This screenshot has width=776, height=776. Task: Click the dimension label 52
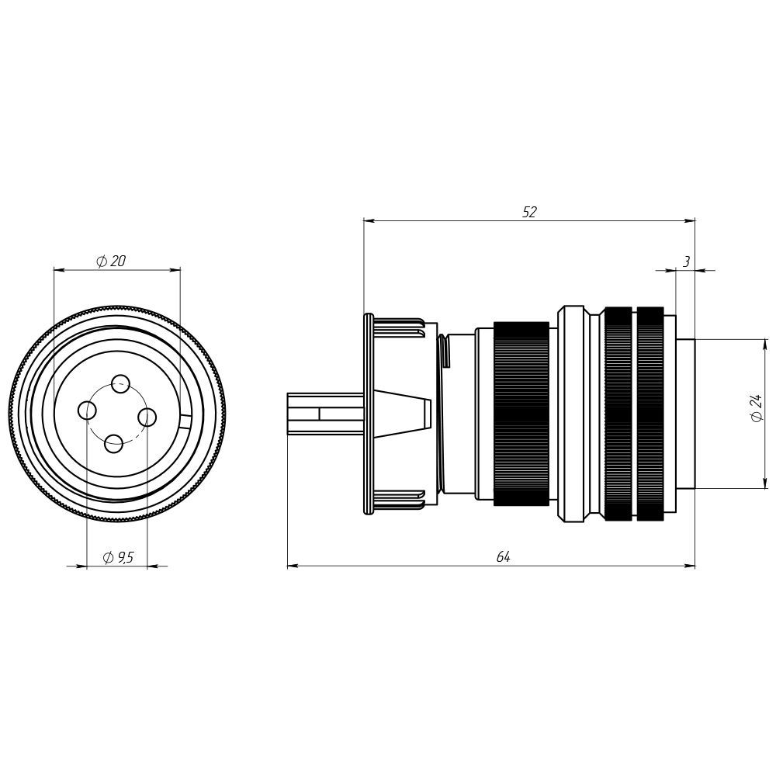click(x=529, y=212)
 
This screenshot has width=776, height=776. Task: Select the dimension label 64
click(x=503, y=556)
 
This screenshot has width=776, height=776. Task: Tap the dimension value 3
click(x=686, y=262)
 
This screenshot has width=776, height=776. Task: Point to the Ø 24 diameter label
click(x=756, y=408)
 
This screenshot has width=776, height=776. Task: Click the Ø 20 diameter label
click(x=111, y=261)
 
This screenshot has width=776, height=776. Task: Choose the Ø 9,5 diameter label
click(x=118, y=558)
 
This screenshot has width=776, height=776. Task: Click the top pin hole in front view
click(x=120, y=383)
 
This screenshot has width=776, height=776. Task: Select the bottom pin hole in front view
click(x=114, y=443)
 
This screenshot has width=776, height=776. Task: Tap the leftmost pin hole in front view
click(x=88, y=410)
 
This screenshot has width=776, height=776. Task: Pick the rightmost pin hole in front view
click(x=147, y=417)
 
